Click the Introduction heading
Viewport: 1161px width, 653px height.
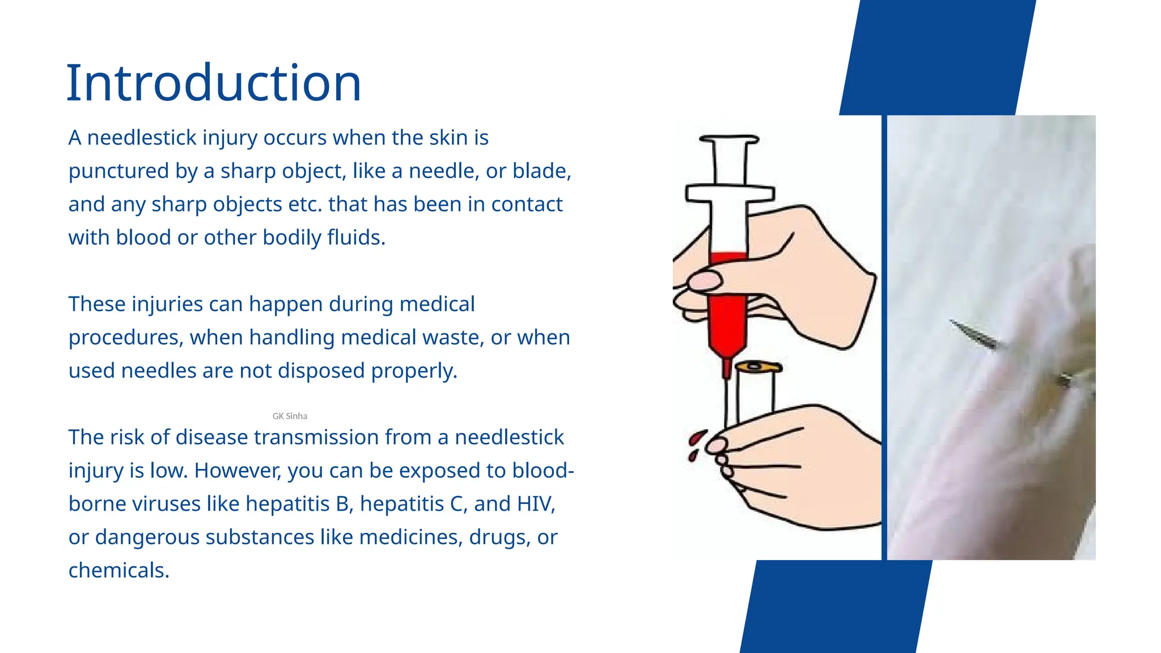214,83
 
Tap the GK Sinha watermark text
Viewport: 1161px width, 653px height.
290,416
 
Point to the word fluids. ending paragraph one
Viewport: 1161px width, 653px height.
356,238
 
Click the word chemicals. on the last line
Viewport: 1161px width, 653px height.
119,570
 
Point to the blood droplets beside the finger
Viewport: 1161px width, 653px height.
695,444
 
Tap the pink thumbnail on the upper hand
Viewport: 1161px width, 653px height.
705,280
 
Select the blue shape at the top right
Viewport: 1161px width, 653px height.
938,57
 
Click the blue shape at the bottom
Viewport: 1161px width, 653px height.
836,607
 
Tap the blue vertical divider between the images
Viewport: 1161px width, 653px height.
884,337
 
